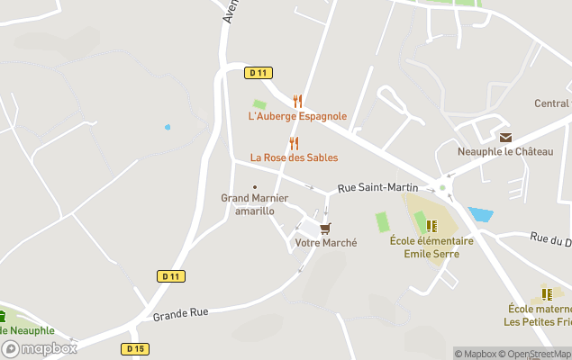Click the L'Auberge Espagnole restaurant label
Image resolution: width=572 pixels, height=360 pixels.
coord(297,116)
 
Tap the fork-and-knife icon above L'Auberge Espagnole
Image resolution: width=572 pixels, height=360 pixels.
coord(297,102)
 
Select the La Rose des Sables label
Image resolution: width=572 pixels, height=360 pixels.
coord(294,157)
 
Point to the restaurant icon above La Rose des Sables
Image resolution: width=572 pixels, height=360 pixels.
coord(294,143)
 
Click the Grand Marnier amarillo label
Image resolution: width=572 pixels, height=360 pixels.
coord(255,203)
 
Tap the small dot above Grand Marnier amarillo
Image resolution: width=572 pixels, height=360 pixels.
coord(255,187)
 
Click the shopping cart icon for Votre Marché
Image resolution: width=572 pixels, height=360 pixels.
coord(325,229)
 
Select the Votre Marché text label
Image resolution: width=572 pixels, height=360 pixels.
coord(326,243)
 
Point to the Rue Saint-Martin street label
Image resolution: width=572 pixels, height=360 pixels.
coord(377,187)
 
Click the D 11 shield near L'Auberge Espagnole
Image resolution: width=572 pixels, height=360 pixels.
coord(259,73)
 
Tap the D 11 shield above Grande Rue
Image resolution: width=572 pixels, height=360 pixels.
coord(171,276)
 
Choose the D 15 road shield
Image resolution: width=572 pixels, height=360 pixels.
coord(135,348)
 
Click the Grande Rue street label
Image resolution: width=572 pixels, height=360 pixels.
coord(180,313)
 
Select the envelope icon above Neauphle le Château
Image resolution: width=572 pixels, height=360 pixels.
coord(504,138)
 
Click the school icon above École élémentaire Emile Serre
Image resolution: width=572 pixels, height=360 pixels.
coord(431,226)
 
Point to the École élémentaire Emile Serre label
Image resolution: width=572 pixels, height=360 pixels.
coord(431,247)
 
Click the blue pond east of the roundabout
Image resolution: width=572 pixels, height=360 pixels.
coord(480,215)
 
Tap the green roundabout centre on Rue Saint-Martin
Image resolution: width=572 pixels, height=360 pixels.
coord(442,188)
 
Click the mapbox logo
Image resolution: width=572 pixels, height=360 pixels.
coord(40,349)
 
